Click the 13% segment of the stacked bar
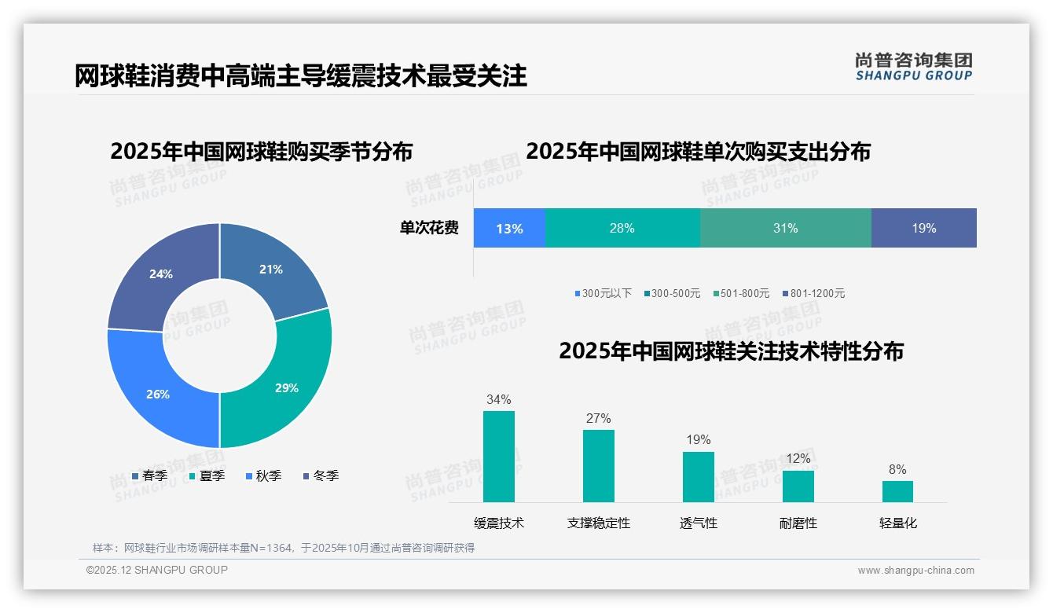[509, 229]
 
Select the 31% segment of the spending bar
[785, 229]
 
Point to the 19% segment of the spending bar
[924, 229]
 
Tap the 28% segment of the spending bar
[622, 229]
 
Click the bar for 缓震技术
[498, 457]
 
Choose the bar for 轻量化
[897, 491]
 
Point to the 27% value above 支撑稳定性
[598, 419]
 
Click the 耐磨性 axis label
[798, 523]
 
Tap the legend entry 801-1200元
[813, 294]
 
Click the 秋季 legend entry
[264, 476]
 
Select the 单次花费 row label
[429, 229]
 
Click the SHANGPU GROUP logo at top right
[913, 66]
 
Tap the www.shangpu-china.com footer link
[915, 571]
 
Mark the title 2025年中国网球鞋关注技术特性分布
[731, 351]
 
